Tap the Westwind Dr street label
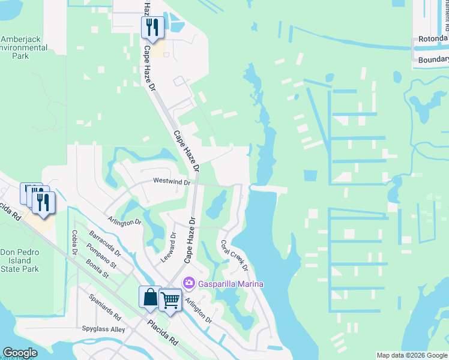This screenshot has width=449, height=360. (x=172, y=181)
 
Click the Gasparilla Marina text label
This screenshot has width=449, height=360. (x=231, y=284)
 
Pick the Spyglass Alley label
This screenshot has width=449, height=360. (x=103, y=329)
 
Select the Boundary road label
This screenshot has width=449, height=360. (x=433, y=59)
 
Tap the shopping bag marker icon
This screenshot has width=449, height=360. (x=150, y=297)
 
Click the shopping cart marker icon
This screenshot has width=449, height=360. (x=170, y=299)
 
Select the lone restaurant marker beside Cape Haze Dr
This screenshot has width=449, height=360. (x=152, y=28)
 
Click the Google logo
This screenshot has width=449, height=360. (x=19, y=353)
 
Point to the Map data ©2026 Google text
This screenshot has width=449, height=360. (x=412, y=355)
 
